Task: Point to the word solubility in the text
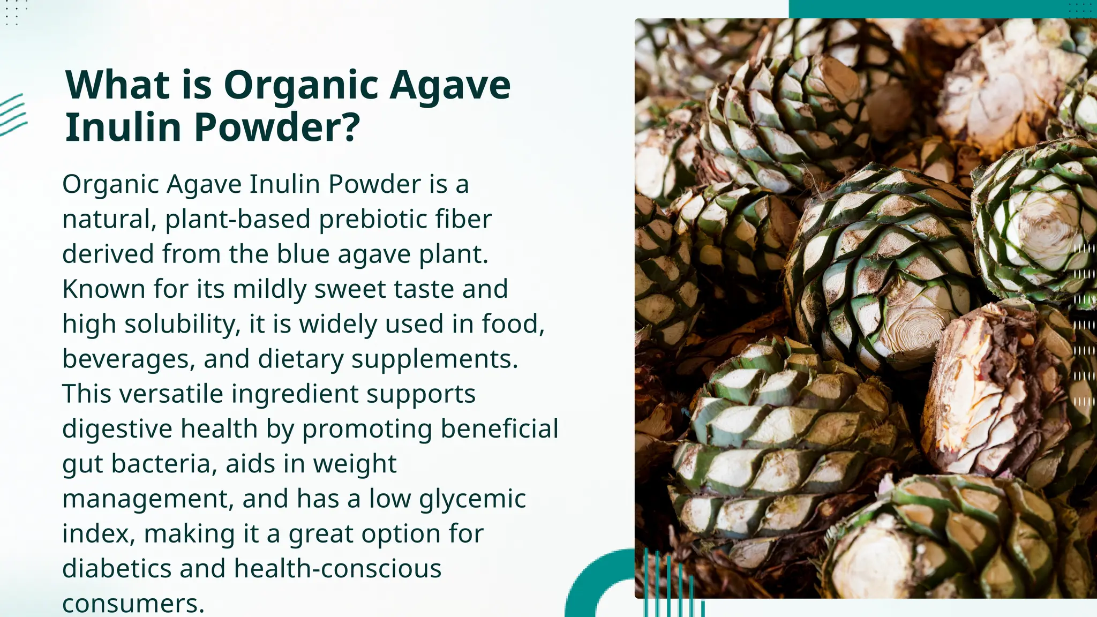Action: (183, 325)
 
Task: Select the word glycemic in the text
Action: (472, 499)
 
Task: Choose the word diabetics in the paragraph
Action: (116, 568)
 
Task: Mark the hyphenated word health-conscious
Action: (337, 568)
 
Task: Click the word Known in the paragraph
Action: (103, 289)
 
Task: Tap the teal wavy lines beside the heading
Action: (13, 114)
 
